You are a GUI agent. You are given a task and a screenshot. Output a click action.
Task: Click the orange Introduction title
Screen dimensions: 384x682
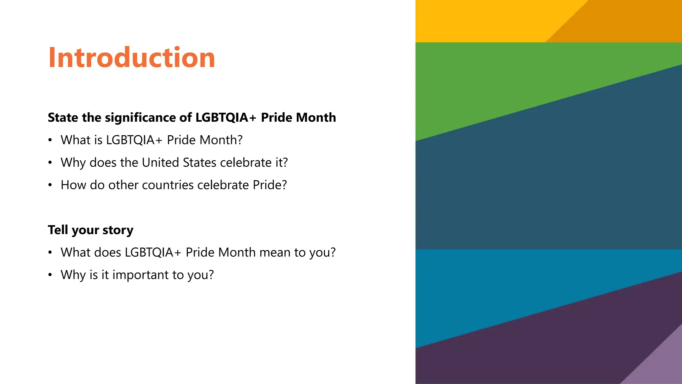pos(132,57)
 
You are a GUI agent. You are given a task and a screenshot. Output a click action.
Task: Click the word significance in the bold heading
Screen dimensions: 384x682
pos(145,118)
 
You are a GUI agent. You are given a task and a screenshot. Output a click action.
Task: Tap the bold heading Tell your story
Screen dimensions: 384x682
pos(90,230)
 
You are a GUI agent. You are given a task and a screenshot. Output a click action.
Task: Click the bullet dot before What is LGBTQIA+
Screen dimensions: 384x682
pos(50,140)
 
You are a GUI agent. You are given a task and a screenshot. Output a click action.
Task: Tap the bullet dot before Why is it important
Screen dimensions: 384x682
pos(50,275)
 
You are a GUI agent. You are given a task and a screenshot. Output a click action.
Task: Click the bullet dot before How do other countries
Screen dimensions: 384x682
pos(50,185)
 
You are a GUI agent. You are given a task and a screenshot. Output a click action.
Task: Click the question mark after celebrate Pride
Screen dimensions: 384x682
pos(284,185)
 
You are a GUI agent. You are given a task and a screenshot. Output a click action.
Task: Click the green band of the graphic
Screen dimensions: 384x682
pos(500,83)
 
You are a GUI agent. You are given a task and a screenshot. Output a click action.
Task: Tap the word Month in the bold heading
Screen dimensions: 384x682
pos(316,118)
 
